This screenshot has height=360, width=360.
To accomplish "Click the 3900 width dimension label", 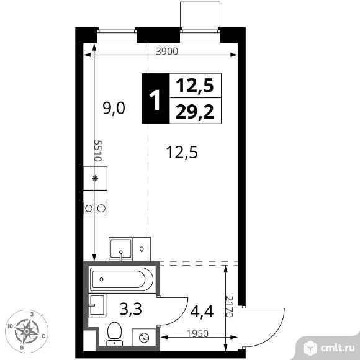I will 167,52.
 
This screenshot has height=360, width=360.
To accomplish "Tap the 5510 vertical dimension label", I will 97,151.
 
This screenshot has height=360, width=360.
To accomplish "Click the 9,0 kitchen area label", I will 114,109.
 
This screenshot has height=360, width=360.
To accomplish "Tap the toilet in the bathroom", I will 114,334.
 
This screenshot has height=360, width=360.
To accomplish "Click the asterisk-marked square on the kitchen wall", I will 96,178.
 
